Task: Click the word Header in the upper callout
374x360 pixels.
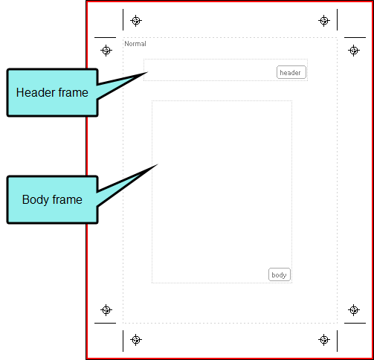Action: point(33,92)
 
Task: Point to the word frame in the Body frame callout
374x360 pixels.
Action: point(67,199)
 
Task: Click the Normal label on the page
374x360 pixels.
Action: point(135,44)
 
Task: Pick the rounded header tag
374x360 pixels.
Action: point(291,72)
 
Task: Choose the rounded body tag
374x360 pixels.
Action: point(280,274)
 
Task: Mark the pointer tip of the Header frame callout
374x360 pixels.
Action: point(148,72)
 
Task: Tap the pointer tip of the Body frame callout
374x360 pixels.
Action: point(158,164)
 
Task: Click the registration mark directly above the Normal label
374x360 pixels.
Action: point(136,21)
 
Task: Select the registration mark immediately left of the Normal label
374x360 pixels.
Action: point(106,51)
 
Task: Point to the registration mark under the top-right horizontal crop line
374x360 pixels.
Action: point(354,51)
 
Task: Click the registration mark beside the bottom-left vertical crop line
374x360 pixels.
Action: point(136,339)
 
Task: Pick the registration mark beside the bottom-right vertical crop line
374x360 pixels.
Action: point(324,339)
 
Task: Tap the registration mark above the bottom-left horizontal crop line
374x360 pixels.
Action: point(106,310)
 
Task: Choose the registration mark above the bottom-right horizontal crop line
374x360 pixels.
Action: point(354,310)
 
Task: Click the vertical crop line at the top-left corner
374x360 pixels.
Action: point(123,19)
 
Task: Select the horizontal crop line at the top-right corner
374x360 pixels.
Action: point(355,37)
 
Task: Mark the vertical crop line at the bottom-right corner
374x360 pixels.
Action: point(337,341)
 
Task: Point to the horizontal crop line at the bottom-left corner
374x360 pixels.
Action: point(105,323)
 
